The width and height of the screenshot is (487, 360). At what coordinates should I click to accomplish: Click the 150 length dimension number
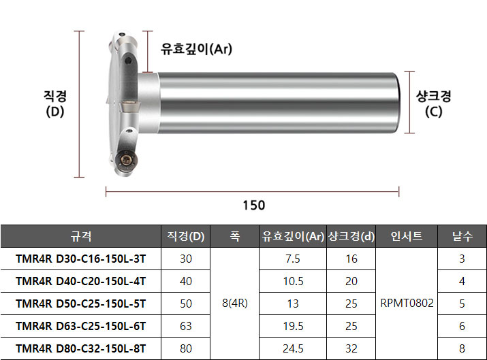pyautogui.click(x=254, y=206)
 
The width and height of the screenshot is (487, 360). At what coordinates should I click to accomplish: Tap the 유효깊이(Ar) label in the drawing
pyautogui.click(x=196, y=49)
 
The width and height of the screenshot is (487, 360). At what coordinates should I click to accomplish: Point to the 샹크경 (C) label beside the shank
pyautogui.click(x=434, y=104)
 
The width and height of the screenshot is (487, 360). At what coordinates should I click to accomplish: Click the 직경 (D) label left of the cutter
pyautogui.click(x=55, y=104)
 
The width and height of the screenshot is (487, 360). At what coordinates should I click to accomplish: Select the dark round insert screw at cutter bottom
pyautogui.click(x=126, y=160)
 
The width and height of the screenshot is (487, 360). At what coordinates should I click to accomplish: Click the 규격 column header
pyautogui.click(x=81, y=236)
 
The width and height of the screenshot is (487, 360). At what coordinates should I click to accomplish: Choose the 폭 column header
pyautogui.click(x=235, y=236)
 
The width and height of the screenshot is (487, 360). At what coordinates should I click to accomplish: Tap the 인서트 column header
pyautogui.click(x=407, y=236)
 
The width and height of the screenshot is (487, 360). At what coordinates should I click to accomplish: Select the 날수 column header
pyautogui.click(x=462, y=236)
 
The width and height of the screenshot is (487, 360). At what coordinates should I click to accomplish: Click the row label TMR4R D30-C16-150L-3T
pyautogui.click(x=81, y=259)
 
